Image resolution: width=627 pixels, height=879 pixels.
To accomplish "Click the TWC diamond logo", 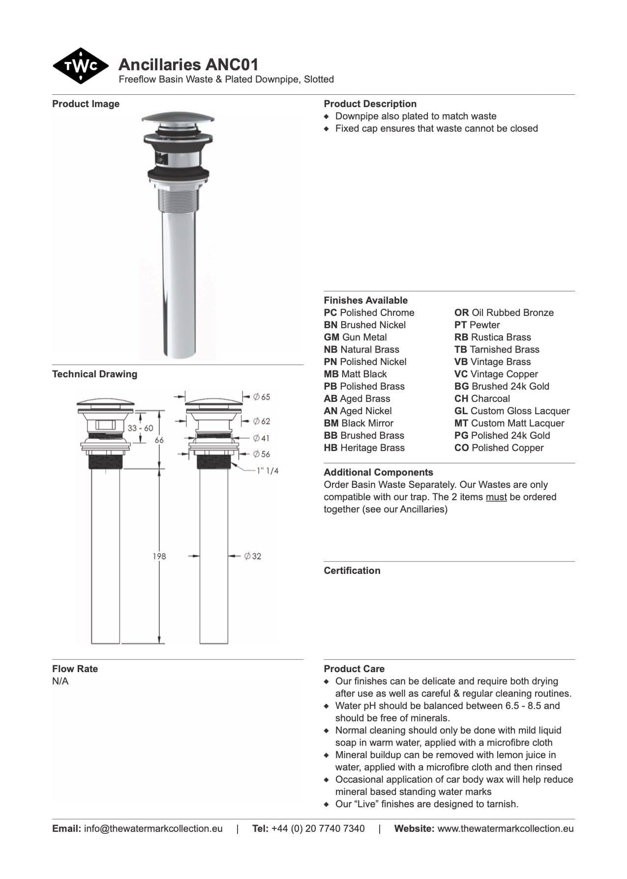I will [80, 66].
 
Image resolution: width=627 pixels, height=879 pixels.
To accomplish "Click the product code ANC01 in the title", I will [232, 65].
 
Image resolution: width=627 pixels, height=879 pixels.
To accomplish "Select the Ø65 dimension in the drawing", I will [262, 397].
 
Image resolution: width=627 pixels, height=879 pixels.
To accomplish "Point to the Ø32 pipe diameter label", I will [253, 556].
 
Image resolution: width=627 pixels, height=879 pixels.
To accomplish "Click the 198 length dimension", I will [159, 556].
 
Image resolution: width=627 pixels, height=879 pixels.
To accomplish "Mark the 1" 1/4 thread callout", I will [268, 471].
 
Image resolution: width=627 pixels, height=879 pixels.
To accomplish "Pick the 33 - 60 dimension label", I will [140, 428].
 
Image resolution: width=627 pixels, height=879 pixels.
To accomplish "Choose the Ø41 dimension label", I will [261, 438].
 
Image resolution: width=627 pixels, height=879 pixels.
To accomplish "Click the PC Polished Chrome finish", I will [369, 312].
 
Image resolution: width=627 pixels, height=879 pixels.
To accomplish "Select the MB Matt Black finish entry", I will [355, 374].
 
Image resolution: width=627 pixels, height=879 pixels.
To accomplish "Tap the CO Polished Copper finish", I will [499, 448].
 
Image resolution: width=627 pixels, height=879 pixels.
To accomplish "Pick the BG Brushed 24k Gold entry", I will [502, 386].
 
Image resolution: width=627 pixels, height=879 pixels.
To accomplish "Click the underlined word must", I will [496, 497].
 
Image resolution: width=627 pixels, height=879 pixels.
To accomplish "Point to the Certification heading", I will [352, 570].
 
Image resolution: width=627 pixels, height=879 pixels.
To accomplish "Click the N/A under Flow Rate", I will [60, 681].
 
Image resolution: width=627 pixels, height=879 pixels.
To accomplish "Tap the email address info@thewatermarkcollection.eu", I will [153, 828].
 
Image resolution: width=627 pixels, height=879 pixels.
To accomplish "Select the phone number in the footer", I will [318, 828].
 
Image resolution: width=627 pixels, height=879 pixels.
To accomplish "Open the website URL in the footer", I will [505, 828].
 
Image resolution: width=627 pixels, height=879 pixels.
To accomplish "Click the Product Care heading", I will [354, 669].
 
